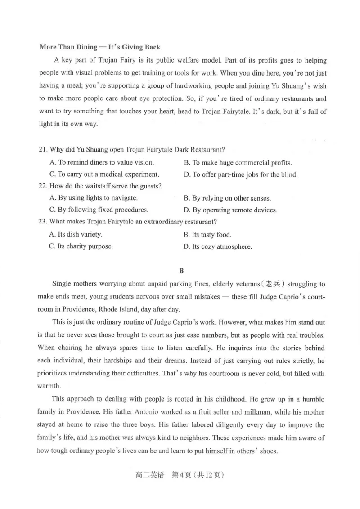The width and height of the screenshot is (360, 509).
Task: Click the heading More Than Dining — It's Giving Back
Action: [x=100, y=47]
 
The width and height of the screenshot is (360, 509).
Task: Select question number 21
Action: [x=44, y=150]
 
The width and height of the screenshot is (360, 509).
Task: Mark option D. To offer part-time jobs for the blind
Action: [x=240, y=174]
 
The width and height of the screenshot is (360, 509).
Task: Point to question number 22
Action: [x=44, y=186]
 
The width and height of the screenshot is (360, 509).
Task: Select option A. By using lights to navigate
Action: [x=93, y=198]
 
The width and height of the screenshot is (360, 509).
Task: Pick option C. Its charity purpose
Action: [x=81, y=246]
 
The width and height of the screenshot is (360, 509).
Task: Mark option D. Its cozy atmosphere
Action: [x=217, y=246]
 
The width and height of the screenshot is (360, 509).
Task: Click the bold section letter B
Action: [x=182, y=271]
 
